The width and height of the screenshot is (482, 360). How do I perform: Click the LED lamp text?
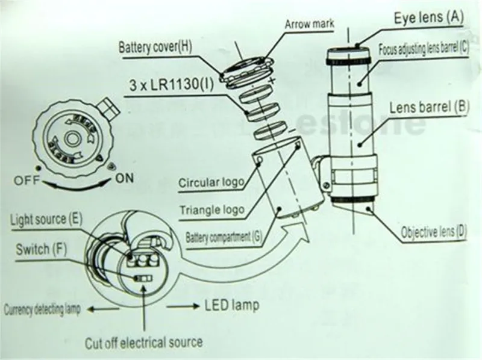tap(233, 306)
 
